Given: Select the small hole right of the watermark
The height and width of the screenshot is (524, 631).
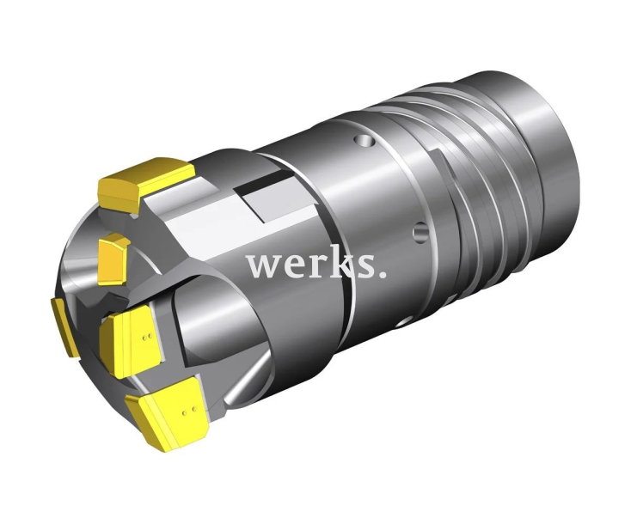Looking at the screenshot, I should [x=419, y=230].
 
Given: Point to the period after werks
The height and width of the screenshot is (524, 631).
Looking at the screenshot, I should [x=381, y=275].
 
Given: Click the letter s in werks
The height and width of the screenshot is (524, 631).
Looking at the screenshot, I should [x=360, y=266].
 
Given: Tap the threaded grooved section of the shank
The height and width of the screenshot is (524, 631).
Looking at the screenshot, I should [x=481, y=172].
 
